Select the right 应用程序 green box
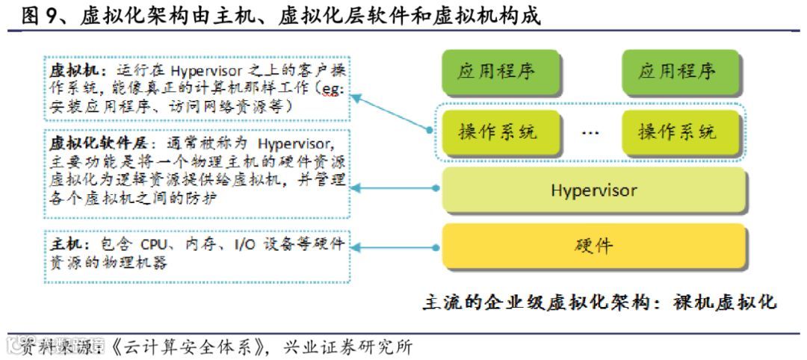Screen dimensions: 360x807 (677, 72)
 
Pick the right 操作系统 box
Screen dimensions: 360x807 (677, 133)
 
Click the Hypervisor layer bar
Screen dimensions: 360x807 (594, 190)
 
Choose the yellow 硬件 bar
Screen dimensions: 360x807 (594, 246)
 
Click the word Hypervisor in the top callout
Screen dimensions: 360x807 (202, 71)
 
